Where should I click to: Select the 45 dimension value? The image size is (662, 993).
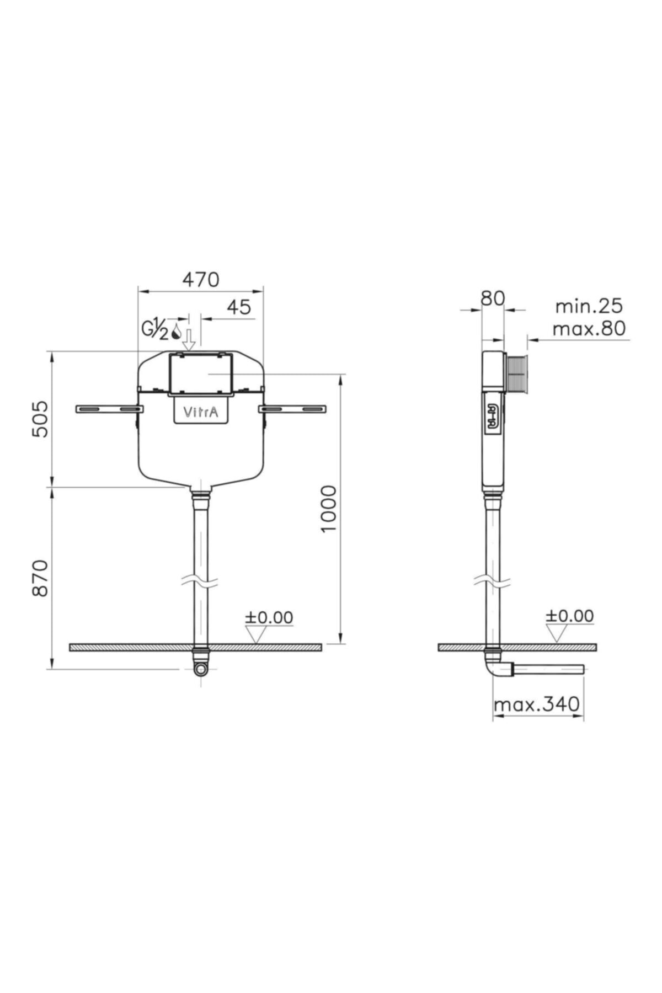coord(239,307)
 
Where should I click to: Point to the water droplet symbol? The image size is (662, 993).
coord(177,330)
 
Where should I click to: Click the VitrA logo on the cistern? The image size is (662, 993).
coord(200,412)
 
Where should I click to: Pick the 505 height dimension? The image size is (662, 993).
coord(40,419)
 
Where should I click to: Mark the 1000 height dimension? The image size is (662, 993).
coord(328,509)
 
